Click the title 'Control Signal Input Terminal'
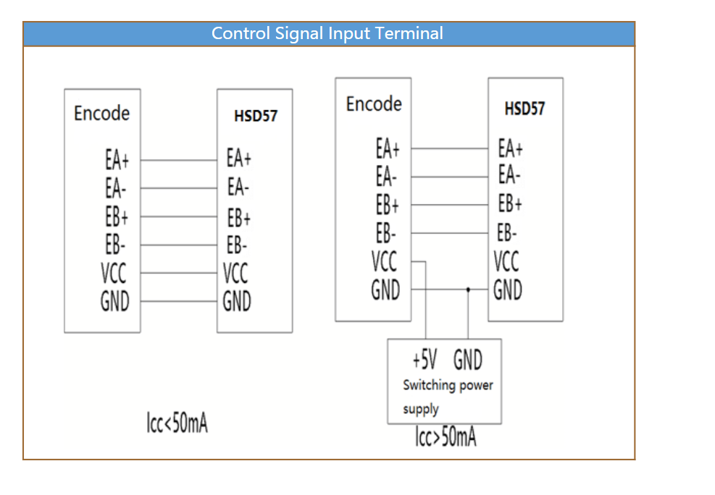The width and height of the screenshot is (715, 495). coord(327,33)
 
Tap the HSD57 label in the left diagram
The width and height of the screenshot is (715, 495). coord(255,116)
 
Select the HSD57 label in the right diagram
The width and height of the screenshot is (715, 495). coord(524,109)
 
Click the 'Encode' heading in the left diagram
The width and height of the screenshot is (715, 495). coord(101,113)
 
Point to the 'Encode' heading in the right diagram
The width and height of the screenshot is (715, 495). coord(374,103)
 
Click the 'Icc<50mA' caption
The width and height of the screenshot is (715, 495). coord(177,423)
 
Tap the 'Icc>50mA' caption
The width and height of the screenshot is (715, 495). coord(446,436)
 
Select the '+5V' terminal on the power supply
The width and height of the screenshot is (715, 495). coord(425,360)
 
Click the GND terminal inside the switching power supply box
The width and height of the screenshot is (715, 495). coord(468,360)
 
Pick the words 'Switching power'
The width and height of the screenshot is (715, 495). coord(448,385)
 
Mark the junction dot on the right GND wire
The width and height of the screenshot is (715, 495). coord(468,289)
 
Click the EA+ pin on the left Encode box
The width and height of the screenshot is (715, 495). coord(117,160)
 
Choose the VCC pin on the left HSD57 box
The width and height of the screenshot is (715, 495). coord(235,274)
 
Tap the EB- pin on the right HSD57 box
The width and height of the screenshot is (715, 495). coord(507,233)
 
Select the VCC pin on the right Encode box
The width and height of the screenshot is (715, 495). coord(384,261)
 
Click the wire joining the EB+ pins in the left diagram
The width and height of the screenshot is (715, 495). coord(179,216)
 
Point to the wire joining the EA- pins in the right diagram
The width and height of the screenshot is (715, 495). coord(450,177)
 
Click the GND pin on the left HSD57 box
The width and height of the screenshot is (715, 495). coord(237,301)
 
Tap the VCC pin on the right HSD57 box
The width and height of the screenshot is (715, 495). coord(506,261)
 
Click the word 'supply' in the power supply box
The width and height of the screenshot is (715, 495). coord(420,409)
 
